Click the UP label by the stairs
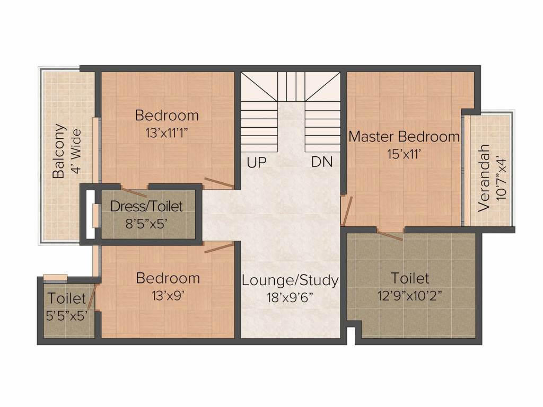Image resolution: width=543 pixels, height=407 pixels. [x=257, y=162]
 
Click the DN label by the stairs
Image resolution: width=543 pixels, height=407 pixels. [x=322, y=162]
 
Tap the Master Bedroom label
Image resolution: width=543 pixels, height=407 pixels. [x=404, y=136]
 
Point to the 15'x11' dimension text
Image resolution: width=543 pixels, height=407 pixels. [x=404, y=154]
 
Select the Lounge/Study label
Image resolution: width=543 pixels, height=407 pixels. [x=290, y=280]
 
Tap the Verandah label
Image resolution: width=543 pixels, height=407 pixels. [x=484, y=178]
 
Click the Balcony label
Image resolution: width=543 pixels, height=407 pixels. [x=59, y=151]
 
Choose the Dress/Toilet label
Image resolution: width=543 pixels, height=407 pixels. [x=146, y=206]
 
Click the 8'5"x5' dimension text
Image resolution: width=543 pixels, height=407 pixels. [x=146, y=224]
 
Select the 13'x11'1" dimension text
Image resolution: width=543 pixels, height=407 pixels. [x=167, y=132]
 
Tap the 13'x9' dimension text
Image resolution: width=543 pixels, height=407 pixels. [x=168, y=296]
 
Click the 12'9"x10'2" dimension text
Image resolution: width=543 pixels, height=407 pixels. [x=410, y=296]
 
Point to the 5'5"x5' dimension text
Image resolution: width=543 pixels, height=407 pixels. [x=66, y=315]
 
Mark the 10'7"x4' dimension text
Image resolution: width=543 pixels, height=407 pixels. [x=501, y=179]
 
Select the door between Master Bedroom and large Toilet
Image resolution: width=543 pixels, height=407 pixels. [x=390, y=235]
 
